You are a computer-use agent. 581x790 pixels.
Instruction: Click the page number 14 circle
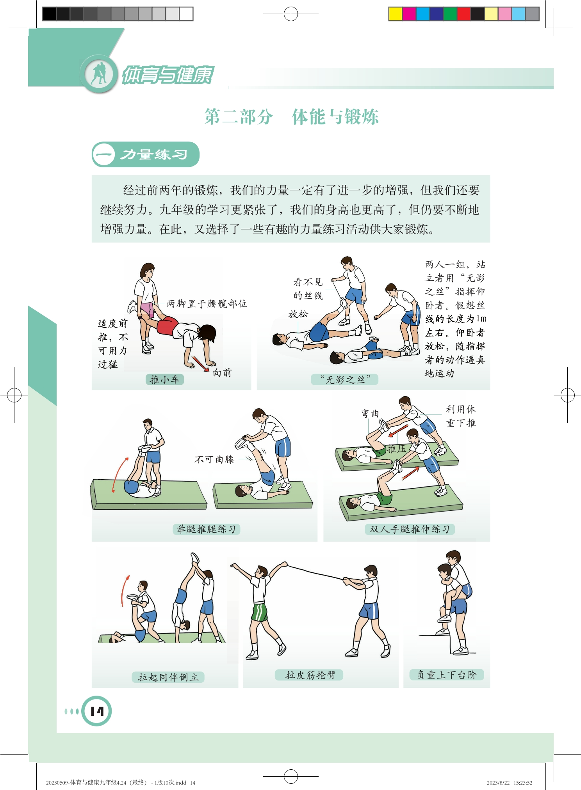point(96,711)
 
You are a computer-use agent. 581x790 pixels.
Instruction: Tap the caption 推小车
point(164,379)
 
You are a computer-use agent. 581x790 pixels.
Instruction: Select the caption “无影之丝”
point(345,379)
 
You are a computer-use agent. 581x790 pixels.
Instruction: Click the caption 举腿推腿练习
point(206,529)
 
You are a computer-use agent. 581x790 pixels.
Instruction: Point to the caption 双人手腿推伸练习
point(410,529)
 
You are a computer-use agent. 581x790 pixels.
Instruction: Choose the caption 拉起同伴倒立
point(168,677)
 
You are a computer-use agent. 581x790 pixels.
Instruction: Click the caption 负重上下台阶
point(447,675)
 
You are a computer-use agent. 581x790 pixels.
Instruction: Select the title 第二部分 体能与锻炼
point(291,117)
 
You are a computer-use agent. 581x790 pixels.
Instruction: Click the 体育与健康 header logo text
point(168,75)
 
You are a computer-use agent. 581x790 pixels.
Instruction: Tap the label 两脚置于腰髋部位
point(207,303)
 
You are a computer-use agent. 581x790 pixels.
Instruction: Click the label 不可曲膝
point(214,459)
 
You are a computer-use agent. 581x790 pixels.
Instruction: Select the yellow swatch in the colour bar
point(395,14)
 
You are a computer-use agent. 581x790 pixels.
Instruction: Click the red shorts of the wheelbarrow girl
point(167,326)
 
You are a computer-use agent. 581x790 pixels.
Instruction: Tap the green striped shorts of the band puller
point(260,612)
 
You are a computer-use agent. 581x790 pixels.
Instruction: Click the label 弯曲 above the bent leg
point(370,413)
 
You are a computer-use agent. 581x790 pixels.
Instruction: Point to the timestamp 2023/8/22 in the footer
point(498,782)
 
